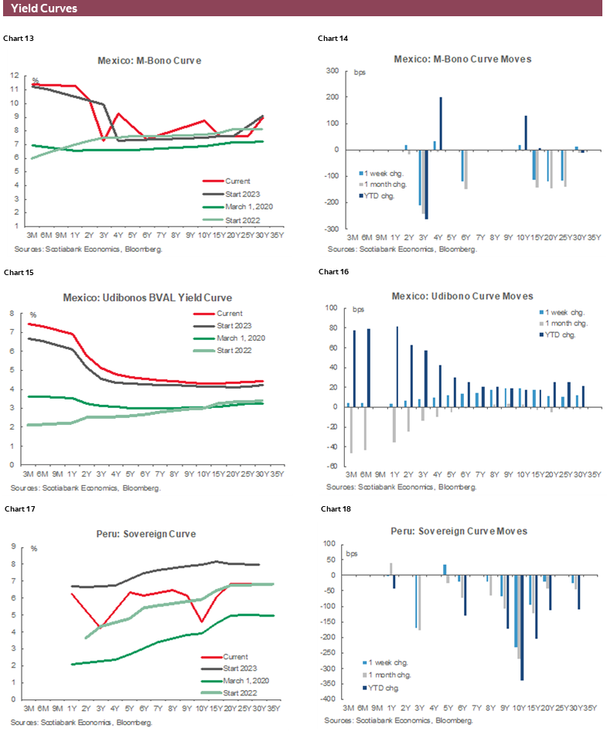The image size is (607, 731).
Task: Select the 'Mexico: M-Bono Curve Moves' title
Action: (462, 59)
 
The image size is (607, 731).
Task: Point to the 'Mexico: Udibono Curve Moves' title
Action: (462, 296)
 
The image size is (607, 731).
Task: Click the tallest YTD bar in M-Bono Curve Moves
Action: (441, 124)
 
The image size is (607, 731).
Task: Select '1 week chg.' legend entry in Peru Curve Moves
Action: (388, 662)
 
